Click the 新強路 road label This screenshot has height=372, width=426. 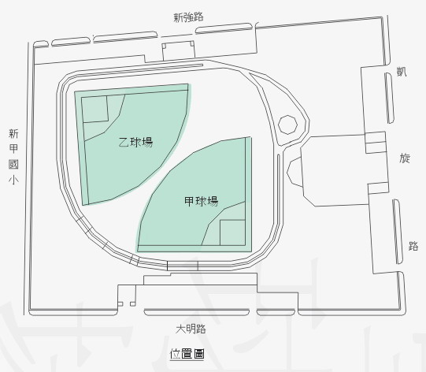point(188,17)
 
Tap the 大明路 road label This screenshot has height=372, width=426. point(191,329)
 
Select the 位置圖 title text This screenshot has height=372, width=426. point(187,354)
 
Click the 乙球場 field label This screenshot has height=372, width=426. point(136,142)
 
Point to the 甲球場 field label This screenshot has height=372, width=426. point(202,202)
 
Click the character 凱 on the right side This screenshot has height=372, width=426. point(402,72)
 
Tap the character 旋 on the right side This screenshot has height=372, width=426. point(405,158)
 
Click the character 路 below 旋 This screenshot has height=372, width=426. point(413,246)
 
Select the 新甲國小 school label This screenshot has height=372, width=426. point(13,157)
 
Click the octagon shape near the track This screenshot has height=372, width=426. point(287,125)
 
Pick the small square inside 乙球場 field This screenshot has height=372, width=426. point(94,110)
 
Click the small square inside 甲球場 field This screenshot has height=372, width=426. point(232,232)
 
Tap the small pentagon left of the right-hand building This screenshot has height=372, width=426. point(295,172)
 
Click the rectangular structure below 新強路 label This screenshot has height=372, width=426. point(179,51)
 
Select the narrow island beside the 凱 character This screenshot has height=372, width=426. point(390,98)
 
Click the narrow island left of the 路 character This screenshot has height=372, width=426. point(398,232)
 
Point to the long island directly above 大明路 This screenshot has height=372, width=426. point(197,312)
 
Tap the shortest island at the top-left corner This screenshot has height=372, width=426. point(41,44)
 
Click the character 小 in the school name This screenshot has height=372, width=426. point(13,180)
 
